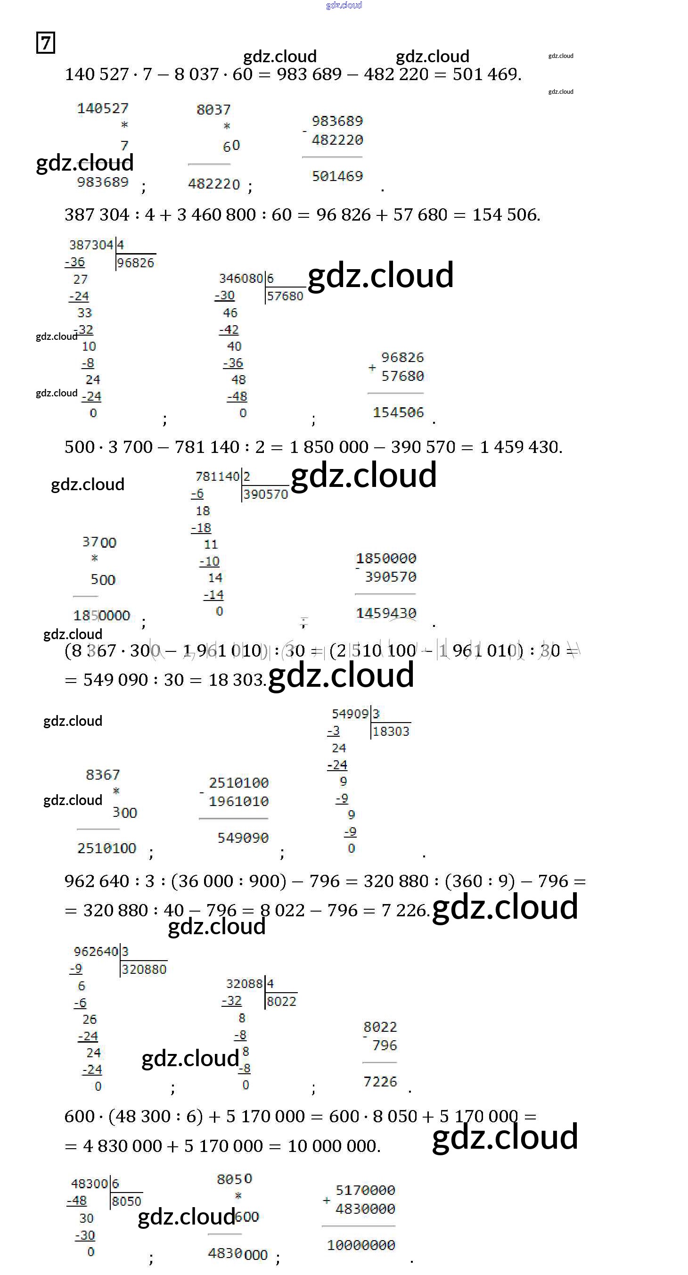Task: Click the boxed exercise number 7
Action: tap(46, 42)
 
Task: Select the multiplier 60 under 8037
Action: tap(231, 146)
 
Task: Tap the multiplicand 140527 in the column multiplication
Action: tap(103, 108)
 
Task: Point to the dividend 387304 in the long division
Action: tap(91, 245)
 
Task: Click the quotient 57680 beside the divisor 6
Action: tap(285, 296)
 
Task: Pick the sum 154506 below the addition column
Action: tap(399, 412)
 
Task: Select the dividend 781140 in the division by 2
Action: tap(217, 477)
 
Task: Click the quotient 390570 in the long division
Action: tap(266, 494)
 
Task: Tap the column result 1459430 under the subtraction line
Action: tap(386, 613)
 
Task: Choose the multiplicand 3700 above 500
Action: tap(99, 543)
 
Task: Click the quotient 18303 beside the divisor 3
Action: tap(391, 732)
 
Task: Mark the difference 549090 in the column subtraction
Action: tap(243, 838)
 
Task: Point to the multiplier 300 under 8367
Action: tap(125, 813)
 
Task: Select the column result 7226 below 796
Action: tap(380, 1081)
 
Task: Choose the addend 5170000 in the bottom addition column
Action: tap(365, 1190)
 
